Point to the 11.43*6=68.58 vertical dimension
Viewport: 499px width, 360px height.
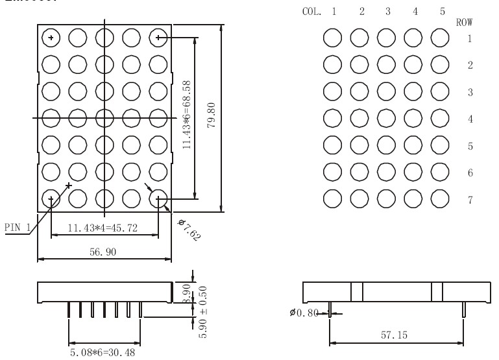pos(188,115)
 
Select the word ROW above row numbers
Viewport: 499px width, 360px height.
pos(464,22)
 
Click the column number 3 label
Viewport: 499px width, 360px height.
pos(387,11)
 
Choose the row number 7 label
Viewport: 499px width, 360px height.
pos(469,200)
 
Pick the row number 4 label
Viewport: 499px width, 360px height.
pos(469,119)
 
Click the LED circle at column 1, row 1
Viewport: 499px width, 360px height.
pos(333,38)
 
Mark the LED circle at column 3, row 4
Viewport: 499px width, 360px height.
pos(387,119)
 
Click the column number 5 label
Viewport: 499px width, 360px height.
pos(441,11)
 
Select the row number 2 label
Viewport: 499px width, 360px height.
pos(469,66)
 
